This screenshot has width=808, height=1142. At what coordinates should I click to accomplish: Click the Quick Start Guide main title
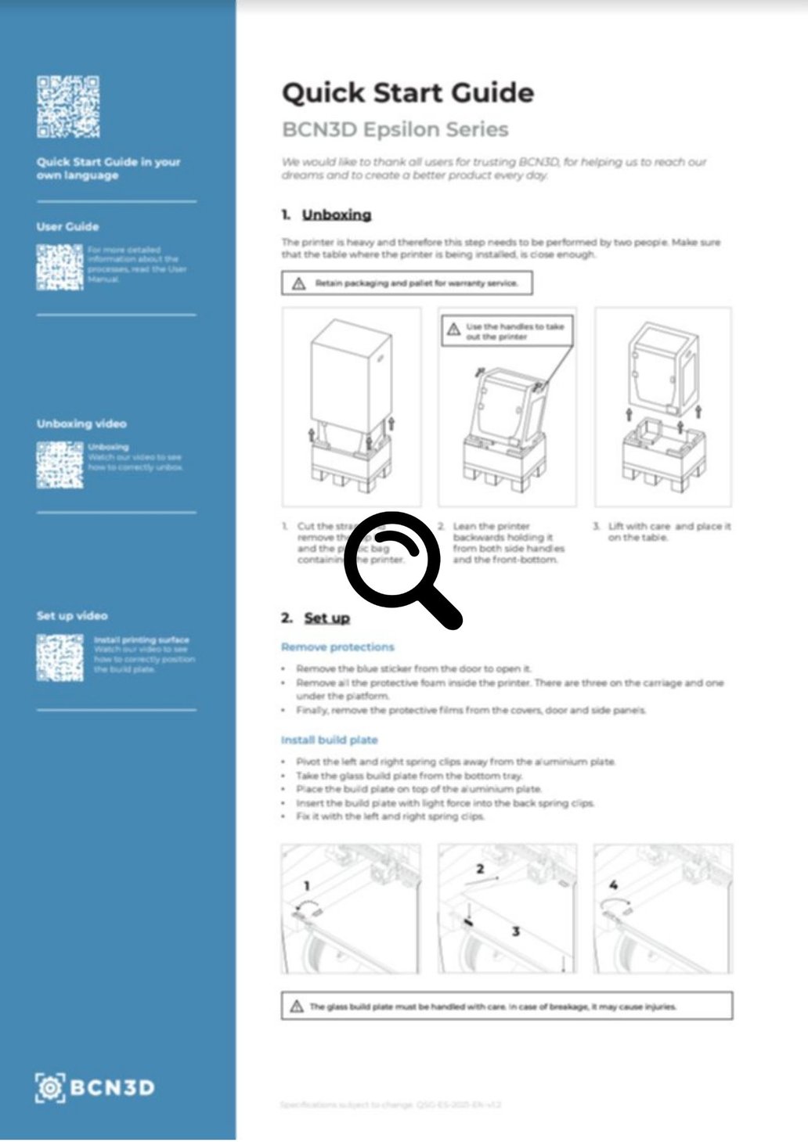click(x=407, y=93)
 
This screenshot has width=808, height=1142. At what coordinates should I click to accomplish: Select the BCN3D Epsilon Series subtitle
click(x=395, y=130)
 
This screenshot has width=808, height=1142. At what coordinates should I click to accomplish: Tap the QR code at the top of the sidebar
click(x=68, y=106)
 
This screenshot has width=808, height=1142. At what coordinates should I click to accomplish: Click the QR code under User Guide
click(x=60, y=267)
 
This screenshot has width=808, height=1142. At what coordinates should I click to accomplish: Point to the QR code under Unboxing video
click(x=60, y=465)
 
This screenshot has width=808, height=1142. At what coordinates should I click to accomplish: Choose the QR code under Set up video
click(x=60, y=657)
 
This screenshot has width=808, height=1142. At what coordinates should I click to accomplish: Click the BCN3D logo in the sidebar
click(x=95, y=1087)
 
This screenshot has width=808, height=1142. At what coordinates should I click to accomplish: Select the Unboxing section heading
click(x=337, y=214)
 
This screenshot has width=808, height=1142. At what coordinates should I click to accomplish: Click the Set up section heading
click(x=326, y=618)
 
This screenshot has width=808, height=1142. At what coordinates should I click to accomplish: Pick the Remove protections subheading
click(x=337, y=647)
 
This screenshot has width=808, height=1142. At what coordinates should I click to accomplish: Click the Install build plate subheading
click(x=329, y=740)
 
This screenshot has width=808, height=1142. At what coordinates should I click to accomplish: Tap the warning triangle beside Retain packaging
click(x=298, y=284)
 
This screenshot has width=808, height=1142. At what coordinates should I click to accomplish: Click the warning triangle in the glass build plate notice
click(x=297, y=1007)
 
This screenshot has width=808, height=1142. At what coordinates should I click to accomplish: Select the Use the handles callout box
click(x=507, y=331)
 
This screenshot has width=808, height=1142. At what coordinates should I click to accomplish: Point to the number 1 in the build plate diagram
click(x=307, y=885)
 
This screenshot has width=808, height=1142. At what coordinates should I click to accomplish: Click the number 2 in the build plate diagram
click(x=480, y=869)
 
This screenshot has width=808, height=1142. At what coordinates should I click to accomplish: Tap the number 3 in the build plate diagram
click(x=515, y=931)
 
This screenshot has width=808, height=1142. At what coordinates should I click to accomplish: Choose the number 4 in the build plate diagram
click(x=613, y=885)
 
